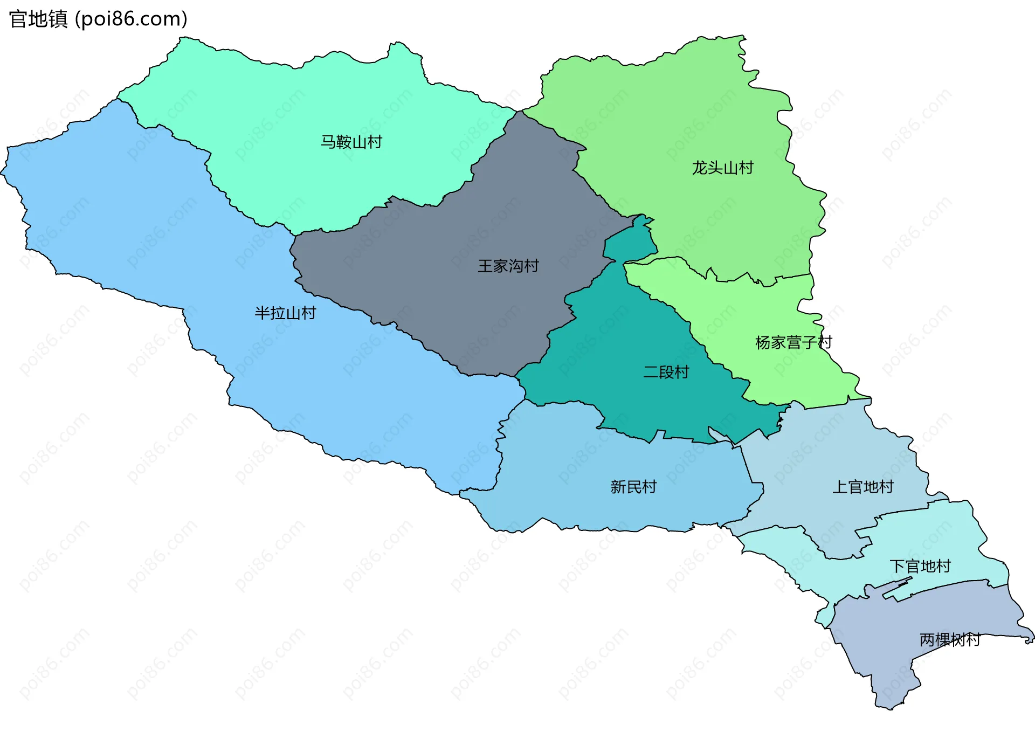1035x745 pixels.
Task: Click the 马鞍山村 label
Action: tap(351, 142)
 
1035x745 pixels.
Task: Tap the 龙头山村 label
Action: tap(722, 168)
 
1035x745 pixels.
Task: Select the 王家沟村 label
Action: tap(508, 266)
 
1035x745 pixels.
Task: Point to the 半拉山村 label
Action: tap(285, 313)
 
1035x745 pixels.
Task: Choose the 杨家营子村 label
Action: tap(793, 343)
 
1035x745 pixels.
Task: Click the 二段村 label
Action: tap(666, 372)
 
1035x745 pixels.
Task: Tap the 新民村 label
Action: tap(633, 487)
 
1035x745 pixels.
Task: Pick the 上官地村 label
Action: tap(862, 487)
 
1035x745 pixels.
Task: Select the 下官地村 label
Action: tap(920, 567)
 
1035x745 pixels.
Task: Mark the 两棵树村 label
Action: tap(949, 640)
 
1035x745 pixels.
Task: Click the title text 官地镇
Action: tap(38, 19)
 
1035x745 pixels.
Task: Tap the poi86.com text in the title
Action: tap(131, 19)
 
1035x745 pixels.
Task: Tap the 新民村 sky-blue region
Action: tap(566, 474)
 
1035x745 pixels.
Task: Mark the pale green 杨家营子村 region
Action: tap(755, 313)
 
